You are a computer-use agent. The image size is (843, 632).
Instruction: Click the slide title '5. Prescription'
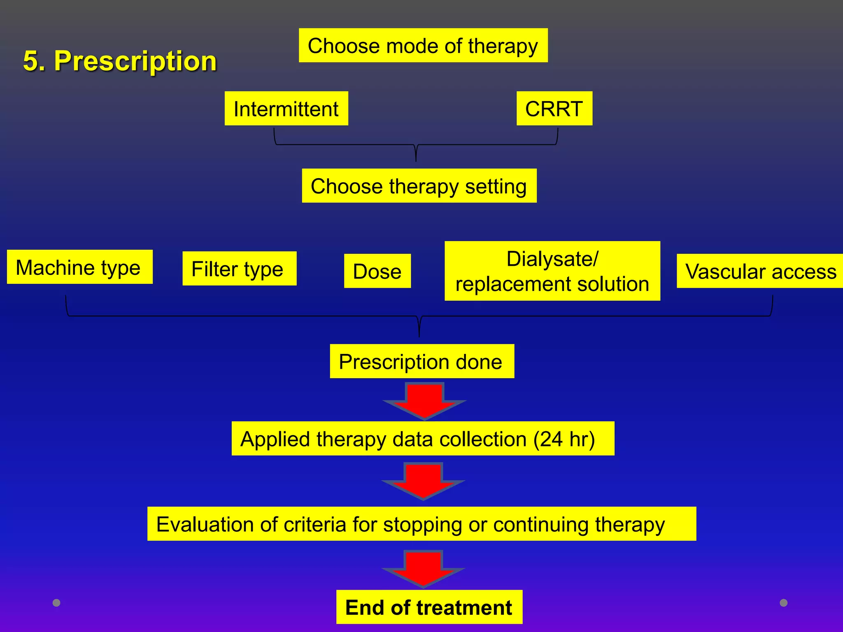[x=120, y=61]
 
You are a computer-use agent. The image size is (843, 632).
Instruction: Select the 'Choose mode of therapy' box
[x=423, y=46]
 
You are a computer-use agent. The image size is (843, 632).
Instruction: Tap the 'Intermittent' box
[x=286, y=109]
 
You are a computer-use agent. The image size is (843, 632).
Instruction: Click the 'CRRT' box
[x=554, y=109]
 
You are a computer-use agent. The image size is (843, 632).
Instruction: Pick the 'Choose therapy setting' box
[x=419, y=186]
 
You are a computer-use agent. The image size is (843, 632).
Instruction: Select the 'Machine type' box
[x=79, y=267]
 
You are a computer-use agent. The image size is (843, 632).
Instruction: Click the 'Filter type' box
[x=239, y=269]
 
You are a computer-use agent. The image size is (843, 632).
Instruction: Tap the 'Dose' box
[x=377, y=271]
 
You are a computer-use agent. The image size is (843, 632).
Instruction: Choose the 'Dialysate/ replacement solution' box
[x=552, y=271]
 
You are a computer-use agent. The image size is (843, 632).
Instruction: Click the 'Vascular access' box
[x=760, y=271]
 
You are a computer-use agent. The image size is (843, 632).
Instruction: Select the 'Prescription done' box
[x=422, y=361]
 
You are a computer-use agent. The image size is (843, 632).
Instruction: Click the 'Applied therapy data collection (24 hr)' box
[x=423, y=439]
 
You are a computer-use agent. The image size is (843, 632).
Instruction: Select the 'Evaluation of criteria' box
[x=421, y=524]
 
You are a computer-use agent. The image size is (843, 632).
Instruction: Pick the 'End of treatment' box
[x=429, y=607]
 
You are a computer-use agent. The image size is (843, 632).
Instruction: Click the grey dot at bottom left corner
[x=57, y=603]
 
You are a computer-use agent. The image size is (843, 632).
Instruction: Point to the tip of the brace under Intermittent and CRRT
[x=416, y=160]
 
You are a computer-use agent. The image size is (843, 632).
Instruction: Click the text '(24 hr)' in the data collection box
[x=564, y=439]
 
